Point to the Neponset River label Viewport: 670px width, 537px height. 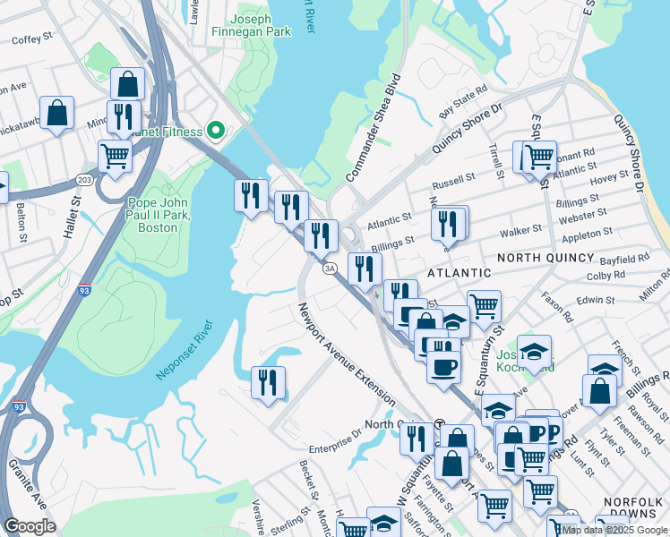(186, 350)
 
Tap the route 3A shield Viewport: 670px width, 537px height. (330, 268)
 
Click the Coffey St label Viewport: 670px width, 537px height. (32, 38)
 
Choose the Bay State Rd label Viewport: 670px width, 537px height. (463, 101)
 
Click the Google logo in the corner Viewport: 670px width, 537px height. (30, 525)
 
